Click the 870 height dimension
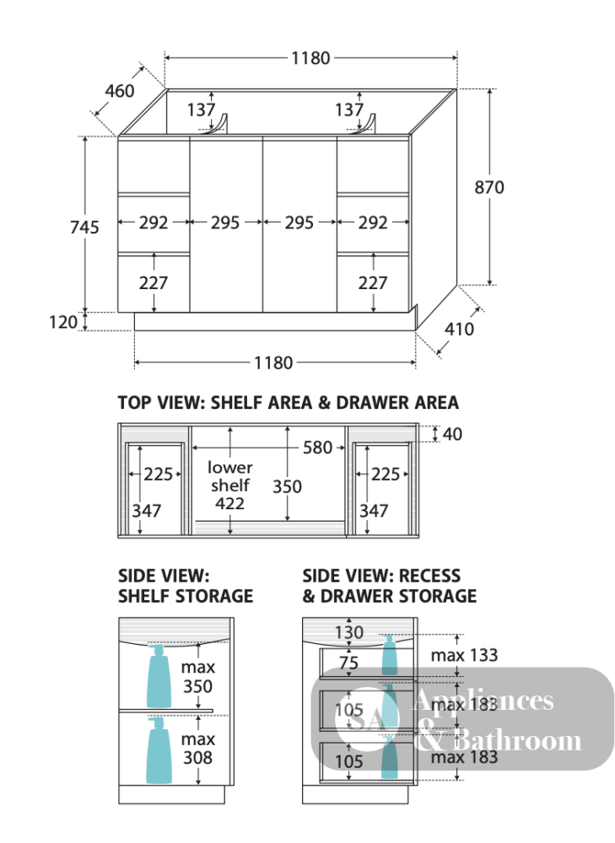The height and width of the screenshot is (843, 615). [489, 187]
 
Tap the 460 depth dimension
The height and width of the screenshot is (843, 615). [120, 91]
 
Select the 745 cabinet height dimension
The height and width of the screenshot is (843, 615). [84, 227]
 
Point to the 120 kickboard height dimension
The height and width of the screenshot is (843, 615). [63, 322]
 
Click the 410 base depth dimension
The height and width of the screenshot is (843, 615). [459, 329]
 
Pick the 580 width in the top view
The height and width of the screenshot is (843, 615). [317, 448]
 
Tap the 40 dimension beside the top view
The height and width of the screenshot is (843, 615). [452, 434]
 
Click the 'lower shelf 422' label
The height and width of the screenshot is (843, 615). [229, 486]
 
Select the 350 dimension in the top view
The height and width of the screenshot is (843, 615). [287, 486]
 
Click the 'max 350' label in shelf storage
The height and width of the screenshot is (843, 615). [197, 677]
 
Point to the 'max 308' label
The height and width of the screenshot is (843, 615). [197, 749]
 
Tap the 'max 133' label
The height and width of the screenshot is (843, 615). [464, 655]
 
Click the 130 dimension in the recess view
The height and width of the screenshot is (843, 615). [349, 632]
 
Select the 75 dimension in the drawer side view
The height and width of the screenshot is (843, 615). [348, 663]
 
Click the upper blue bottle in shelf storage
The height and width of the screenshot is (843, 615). [159, 676]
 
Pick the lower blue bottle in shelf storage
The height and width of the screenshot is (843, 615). [159, 750]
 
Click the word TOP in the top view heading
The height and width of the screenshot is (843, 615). [134, 403]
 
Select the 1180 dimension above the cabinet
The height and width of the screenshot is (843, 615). [310, 57]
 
